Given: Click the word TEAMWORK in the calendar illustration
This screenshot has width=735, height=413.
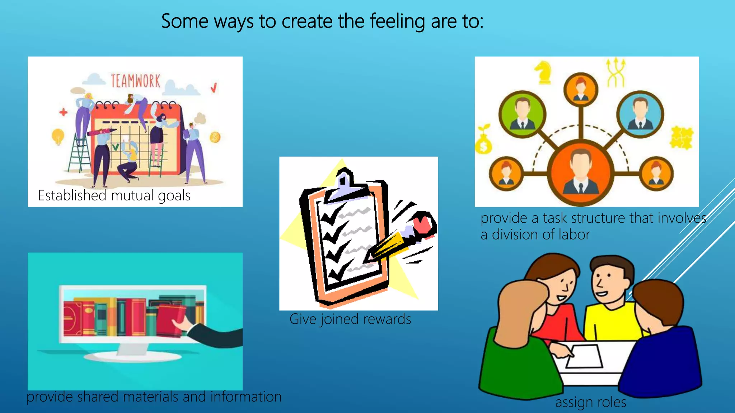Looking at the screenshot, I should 135,81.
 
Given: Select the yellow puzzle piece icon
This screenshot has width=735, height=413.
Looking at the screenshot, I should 680,138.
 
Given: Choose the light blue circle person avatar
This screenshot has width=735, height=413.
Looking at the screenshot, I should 640,114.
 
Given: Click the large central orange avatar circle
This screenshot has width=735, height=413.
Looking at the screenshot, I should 581,172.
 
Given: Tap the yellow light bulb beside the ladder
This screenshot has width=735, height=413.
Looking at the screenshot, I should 58,137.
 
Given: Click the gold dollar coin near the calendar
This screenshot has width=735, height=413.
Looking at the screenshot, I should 215,137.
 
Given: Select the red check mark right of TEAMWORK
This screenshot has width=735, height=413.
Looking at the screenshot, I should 214,87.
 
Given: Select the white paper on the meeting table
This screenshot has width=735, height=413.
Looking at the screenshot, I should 584,356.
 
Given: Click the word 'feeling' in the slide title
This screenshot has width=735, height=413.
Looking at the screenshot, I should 397,22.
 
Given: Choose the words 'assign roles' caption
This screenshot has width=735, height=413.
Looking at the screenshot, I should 590,402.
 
